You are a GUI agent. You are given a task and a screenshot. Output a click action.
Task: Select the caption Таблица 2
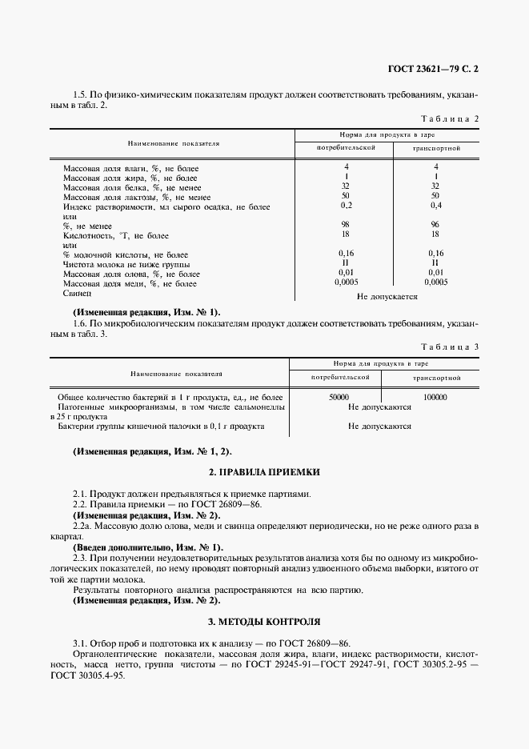[x=449, y=118]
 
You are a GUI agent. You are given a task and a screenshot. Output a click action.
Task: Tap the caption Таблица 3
[x=449, y=346]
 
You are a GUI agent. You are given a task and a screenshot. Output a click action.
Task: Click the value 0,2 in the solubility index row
[x=346, y=206]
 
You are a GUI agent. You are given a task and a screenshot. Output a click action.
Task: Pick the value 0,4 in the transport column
[x=435, y=206]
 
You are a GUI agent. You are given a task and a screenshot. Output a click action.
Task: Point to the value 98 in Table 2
[x=346, y=225]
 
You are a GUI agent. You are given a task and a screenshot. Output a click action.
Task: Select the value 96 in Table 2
[x=435, y=225]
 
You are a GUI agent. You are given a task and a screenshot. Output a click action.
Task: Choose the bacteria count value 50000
[x=339, y=397]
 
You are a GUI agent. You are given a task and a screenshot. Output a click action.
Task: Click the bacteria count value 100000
[x=434, y=397]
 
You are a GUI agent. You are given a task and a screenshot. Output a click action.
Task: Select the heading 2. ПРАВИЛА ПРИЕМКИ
[x=264, y=473]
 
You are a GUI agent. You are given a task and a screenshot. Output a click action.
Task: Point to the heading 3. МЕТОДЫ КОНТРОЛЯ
[x=264, y=620]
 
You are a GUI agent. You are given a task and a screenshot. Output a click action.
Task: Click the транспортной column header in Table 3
[x=436, y=376]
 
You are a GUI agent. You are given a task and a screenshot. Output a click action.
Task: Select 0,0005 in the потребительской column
[x=346, y=282]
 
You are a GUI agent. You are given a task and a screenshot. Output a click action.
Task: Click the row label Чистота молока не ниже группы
[x=126, y=264]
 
